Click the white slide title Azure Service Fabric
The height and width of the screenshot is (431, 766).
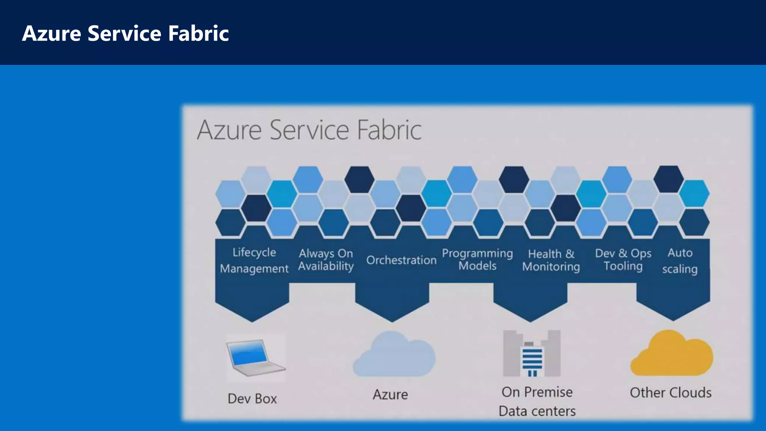[125, 33]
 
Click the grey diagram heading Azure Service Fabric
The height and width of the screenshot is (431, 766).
[309, 130]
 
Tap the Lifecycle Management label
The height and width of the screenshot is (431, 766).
[254, 260]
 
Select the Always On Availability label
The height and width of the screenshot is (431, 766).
[326, 260]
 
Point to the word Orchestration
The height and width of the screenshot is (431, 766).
[401, 260]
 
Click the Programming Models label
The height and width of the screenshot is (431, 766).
[477, 259]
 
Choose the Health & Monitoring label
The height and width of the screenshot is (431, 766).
[551, 260]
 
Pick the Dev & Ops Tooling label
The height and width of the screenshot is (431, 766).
[623, 259]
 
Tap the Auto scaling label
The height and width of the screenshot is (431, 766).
[680, 260]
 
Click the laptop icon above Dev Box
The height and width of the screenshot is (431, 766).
[255, 358]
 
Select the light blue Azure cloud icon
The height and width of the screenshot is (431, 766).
[394, 354]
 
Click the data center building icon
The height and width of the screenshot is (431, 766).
[531, 354]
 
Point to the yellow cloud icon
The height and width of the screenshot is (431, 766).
[672, 354]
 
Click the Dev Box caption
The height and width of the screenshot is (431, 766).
[252, 399]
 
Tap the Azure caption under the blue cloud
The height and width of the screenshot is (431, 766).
[390, 395]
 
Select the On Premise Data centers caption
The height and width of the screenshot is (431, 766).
[537, 401]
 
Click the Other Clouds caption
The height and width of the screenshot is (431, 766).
[671, 393]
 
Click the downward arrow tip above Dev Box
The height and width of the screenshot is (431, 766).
[252, 318]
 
